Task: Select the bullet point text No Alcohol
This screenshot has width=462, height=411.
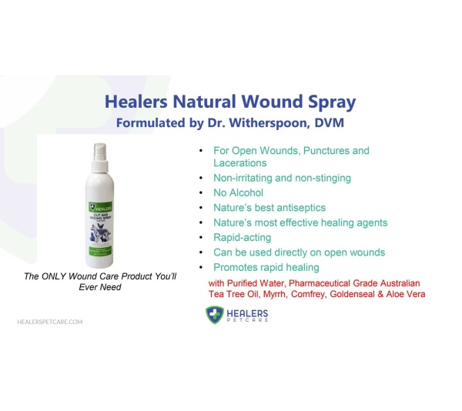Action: (238, 192)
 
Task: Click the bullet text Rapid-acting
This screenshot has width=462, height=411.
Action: (242, 237)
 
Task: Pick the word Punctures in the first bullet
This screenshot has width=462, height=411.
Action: (323, 150)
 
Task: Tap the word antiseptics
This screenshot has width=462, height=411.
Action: (299, 207)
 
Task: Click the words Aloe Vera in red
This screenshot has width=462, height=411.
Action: (403, 295)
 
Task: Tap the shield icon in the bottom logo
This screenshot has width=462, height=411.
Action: (215, 315)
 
